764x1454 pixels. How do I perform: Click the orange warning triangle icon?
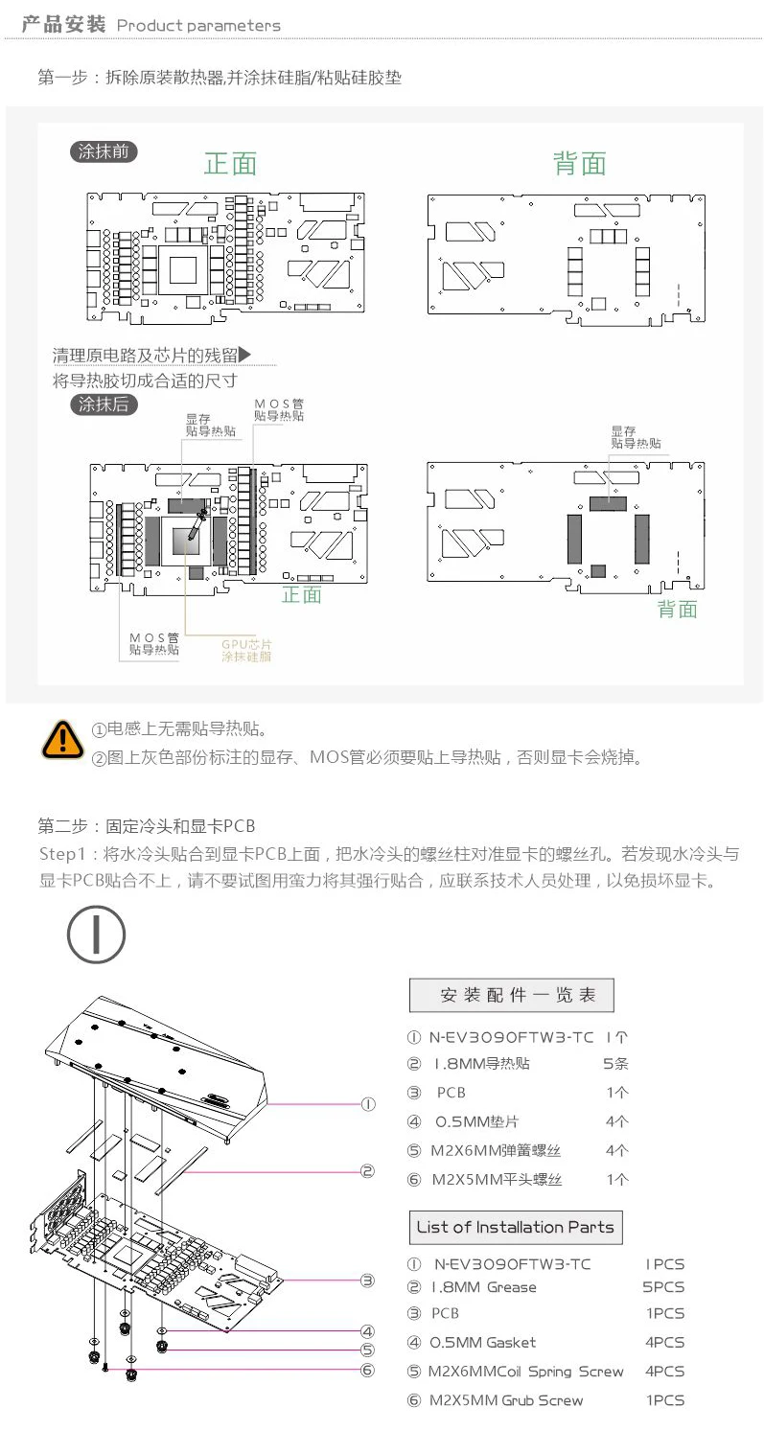click(64, 740)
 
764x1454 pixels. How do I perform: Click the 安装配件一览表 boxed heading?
click(511, 995)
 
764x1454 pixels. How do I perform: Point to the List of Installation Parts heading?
click(515, 1227)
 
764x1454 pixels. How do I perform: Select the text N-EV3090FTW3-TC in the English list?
click(512, 1264)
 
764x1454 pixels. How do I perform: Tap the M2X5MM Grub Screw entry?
click(505, 1400)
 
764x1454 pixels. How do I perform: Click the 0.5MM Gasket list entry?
click(481, 1343)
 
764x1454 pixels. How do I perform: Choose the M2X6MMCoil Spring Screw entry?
click(525, 1372)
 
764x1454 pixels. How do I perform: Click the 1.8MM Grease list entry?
click(483, 1287)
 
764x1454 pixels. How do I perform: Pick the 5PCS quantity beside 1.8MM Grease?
click(663, 1287)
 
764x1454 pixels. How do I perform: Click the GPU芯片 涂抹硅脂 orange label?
click(246, 651)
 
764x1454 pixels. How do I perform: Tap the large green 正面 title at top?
click(230, 164)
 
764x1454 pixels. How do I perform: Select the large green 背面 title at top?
click(580, 164)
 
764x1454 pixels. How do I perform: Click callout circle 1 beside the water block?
click(368, 1104)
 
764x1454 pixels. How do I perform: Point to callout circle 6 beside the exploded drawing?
click(368, 1371)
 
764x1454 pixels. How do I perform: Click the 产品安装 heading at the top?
click(63, 25)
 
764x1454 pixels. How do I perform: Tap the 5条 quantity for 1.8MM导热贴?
click(615, 1063)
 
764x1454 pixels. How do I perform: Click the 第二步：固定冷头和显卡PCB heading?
click(147, 825)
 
